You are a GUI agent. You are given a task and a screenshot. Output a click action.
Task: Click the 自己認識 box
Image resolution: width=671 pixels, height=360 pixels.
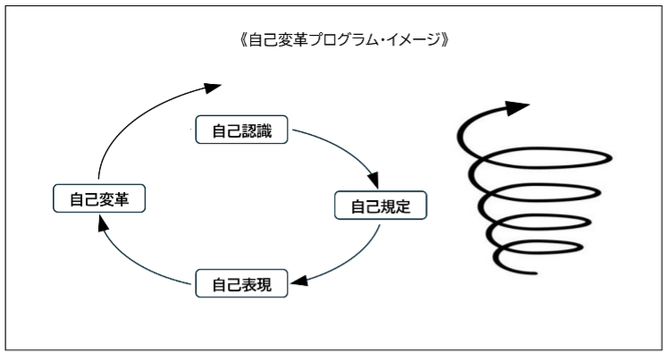[241, 130]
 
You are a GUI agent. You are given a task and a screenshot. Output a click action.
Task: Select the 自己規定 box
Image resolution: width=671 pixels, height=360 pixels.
[381, 205]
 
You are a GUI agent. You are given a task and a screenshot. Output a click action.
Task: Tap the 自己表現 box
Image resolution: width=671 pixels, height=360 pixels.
[241, 283]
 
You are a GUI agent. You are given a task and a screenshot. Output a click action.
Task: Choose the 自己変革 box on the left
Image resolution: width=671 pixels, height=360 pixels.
[99, 198]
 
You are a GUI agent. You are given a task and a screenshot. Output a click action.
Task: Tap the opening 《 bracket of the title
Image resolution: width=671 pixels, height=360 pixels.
[243, 40]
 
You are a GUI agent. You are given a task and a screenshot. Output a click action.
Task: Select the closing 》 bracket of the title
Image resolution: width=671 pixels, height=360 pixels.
[445, 40]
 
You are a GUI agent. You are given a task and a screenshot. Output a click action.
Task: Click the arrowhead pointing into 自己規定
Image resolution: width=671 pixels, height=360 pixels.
[373, 180]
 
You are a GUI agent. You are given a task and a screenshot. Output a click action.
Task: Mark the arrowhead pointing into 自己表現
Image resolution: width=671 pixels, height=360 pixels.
[299, 280]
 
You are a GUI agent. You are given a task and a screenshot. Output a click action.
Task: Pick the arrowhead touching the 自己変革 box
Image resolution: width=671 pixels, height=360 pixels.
[103, 223]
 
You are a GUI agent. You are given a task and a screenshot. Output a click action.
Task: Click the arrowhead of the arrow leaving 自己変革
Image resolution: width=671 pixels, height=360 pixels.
[213, 88]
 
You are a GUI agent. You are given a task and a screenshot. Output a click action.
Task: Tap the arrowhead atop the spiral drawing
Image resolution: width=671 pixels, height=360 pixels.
[517, 108]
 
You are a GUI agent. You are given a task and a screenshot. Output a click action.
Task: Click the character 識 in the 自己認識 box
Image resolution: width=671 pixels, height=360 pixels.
[264, 130]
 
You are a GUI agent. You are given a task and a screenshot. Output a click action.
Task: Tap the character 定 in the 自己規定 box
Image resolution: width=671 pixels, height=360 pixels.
[403, 206]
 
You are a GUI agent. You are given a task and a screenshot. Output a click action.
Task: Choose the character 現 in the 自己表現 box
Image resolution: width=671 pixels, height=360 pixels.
[264, 284]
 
